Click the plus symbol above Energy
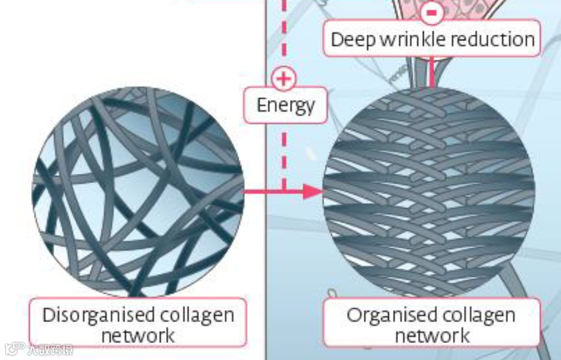(283, 78)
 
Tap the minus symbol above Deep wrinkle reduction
(432, 12)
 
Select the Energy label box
(286, 105)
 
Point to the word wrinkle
(411, 40)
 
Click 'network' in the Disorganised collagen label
(138, 335)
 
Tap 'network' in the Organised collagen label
(432, 335)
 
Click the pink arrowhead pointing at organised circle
(313, 192)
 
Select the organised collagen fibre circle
(429, 192)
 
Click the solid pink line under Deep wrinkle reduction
(432, 72)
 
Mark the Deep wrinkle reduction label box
(432, 38)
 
